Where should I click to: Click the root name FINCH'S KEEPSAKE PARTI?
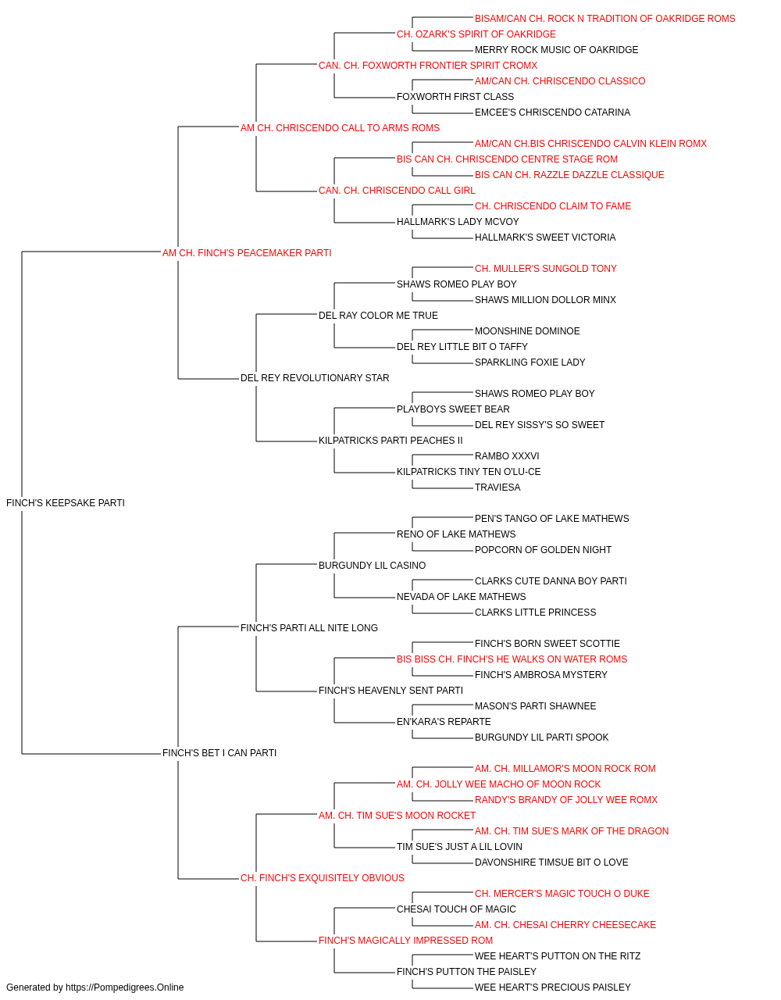[x=66, y=503]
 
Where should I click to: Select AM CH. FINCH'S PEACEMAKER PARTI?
[x=247, y=253]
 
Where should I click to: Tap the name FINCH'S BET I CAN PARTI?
[x=219, y=753]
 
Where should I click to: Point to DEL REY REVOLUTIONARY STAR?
[x=315, y=378]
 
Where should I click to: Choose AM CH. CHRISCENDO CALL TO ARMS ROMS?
[x=340, y=128]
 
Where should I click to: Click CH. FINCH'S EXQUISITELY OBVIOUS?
[x=323, y=878]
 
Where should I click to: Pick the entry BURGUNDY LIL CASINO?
[x=372, y=566]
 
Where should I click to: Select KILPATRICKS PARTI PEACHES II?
[x=390, y=441]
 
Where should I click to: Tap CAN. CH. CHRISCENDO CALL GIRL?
[x=397, y=191]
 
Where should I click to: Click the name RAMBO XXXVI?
[x=507, y=456]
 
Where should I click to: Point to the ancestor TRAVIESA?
[x=497, y=487]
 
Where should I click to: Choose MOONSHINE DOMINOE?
[x=527, y=331]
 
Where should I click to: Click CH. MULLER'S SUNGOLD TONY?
[x=545, y=269]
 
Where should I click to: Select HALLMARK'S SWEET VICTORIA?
[x=545, y=237]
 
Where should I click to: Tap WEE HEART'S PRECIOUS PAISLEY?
[x=553, y=987]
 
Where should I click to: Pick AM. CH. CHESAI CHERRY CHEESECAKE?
[x=565, y=924]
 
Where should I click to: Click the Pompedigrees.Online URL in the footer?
[x=125, y=987]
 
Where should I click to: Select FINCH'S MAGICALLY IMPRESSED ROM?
[x=405, y=940]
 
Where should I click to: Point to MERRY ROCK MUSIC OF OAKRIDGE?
[x=557, y=50]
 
